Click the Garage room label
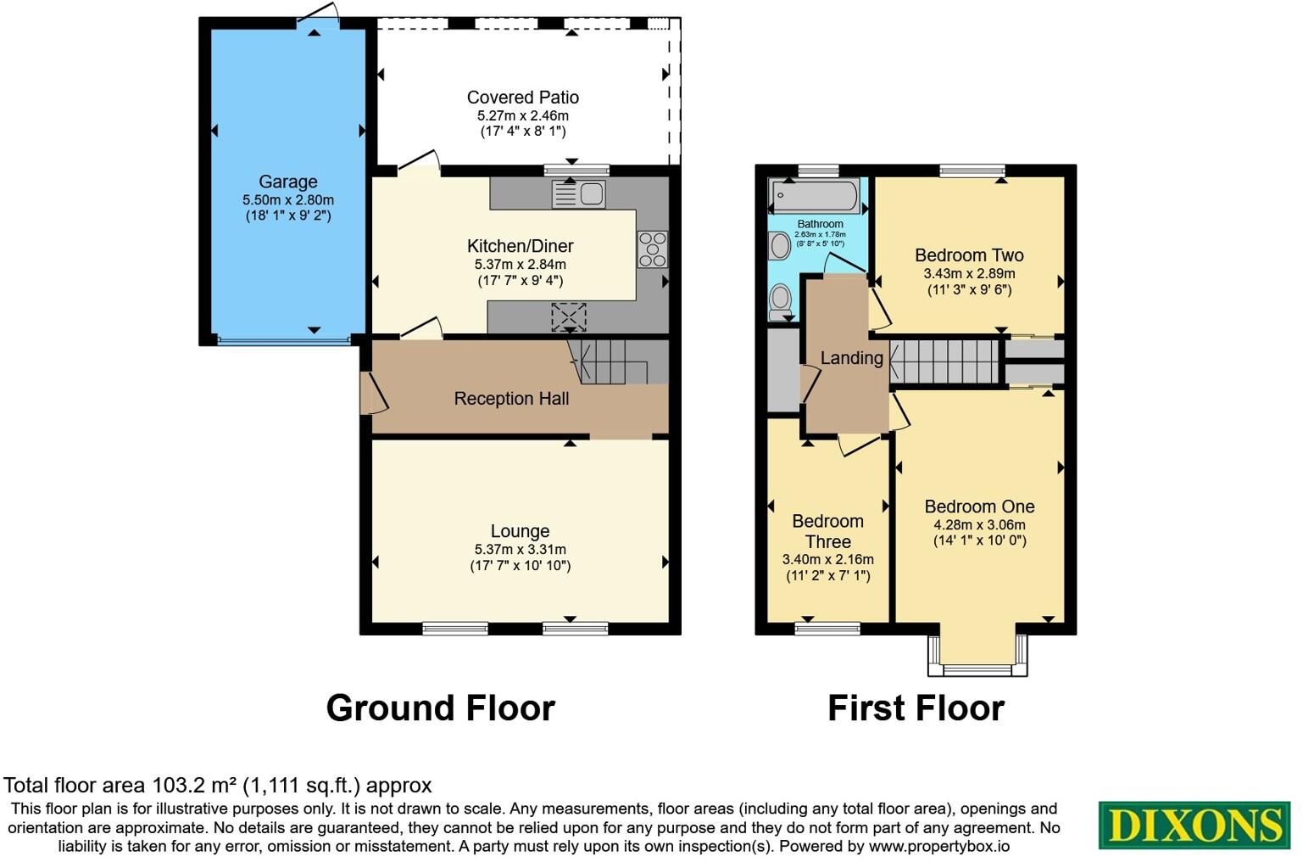coord(288,182)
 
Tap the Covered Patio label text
coord(522,98)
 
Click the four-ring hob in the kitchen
coord(653,249)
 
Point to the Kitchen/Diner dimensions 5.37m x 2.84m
coord(520,265)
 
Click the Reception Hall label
coord(511,399)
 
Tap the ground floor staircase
coord(607,361)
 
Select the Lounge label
coord(520,531)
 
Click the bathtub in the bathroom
coord(814,196)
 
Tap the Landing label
coord(851,358)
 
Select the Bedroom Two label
coord(969,255)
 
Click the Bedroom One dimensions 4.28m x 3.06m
coord(979,524)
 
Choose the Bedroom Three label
coord(827,531)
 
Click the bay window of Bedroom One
coord(977,658)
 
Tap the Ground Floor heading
coord(440,708)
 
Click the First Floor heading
coord(916,708)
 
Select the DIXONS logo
coord(1194,825)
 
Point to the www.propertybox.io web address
coord(938,846)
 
